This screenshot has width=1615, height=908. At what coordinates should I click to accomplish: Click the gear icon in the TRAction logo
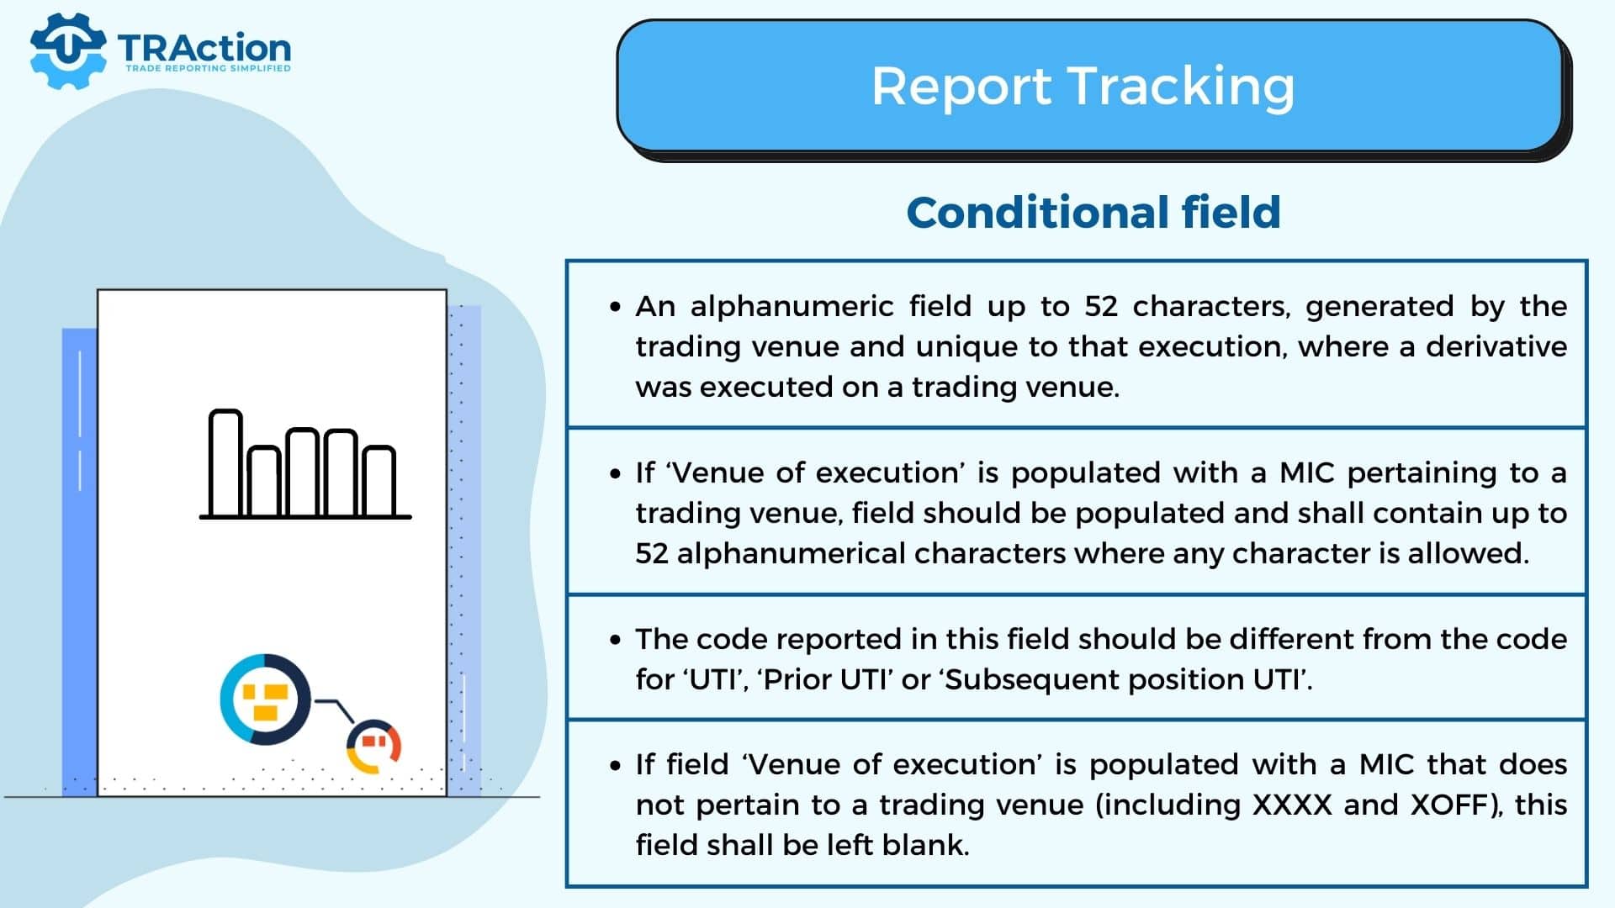[x=68, y=50]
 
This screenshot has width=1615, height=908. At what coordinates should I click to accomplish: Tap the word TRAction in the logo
[x=204, y=48]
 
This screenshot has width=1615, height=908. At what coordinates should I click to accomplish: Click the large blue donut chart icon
[x=265, y=699]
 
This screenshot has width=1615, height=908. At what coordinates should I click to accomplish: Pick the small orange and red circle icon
[x=374, y=746]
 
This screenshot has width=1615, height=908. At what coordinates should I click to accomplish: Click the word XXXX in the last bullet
[x=1293, y=805]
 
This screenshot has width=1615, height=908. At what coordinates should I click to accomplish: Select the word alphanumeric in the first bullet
[x=792, y=306]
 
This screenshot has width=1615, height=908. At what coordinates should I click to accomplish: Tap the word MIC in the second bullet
[x=1307, y=472]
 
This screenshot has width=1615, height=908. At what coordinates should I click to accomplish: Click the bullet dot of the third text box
[x=616, y=641]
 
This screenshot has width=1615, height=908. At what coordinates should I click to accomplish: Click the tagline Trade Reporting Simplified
[x=208, y=68]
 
